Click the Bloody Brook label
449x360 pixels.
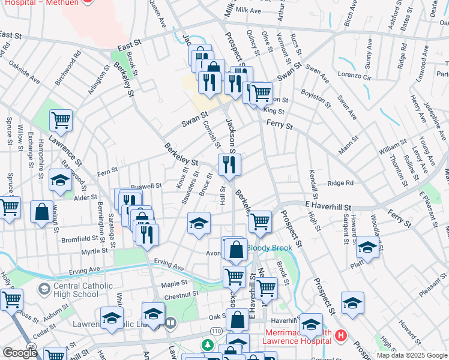(x=270, y=248)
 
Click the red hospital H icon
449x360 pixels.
(x=342, y=335)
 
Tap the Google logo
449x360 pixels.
(x=20, y=352)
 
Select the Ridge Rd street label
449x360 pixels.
(x=340, y=184)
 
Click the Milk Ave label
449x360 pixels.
(x=249, y=11)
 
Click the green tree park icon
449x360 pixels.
(x=207, y=345)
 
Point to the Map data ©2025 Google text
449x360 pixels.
(x=411, y=355)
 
